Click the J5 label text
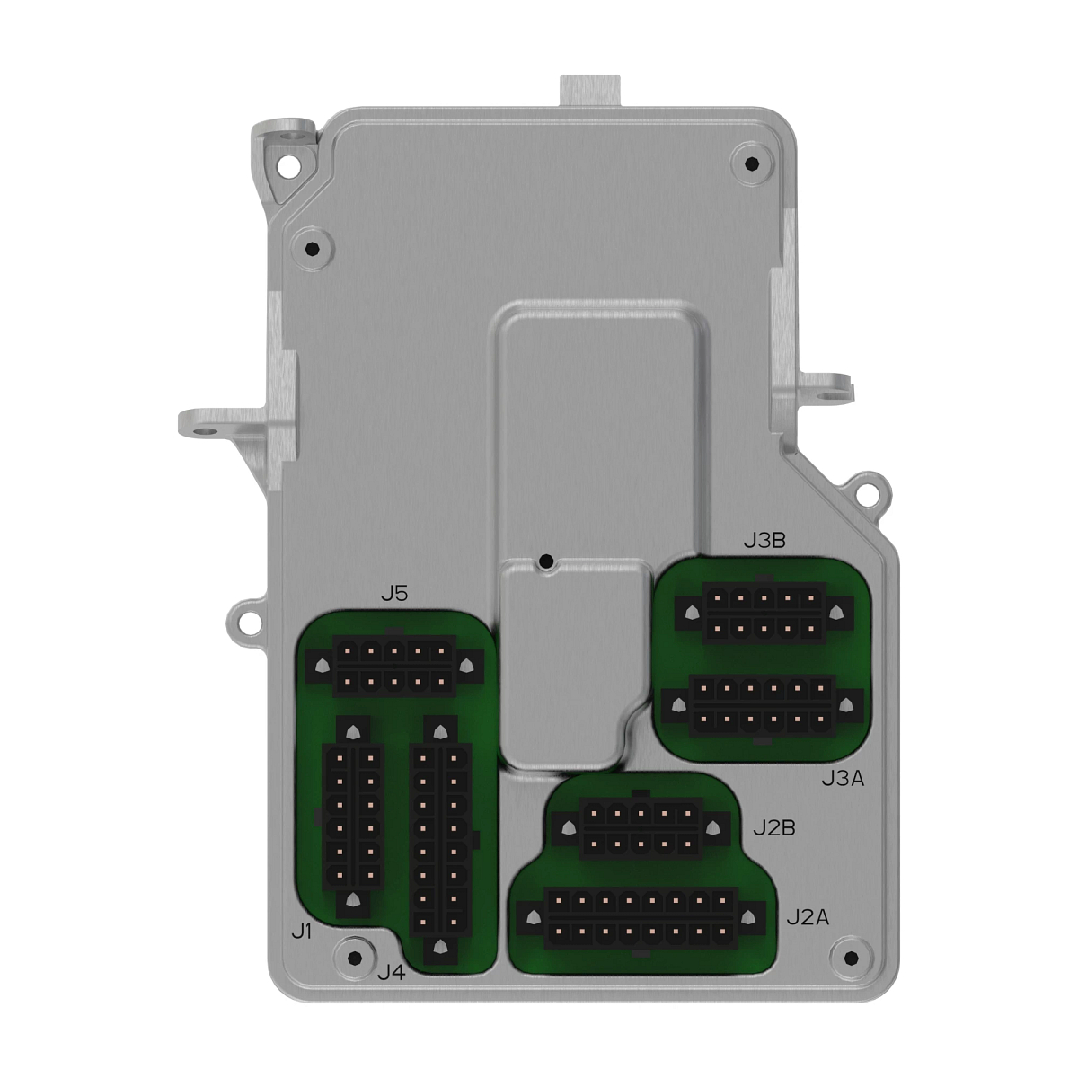pos(393,594)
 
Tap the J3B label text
pos(764,540)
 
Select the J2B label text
pos(773,826)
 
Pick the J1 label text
pos(302,932)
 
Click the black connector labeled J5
pos(393,666)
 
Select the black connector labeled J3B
pos(764,614)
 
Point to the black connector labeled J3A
pos(762,705)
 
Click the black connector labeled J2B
pos(639,828)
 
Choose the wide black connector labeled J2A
pos(641,918)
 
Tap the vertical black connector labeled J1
pos(352,817)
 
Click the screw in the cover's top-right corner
pos(751,163)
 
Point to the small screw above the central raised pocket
pos(544,563)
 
